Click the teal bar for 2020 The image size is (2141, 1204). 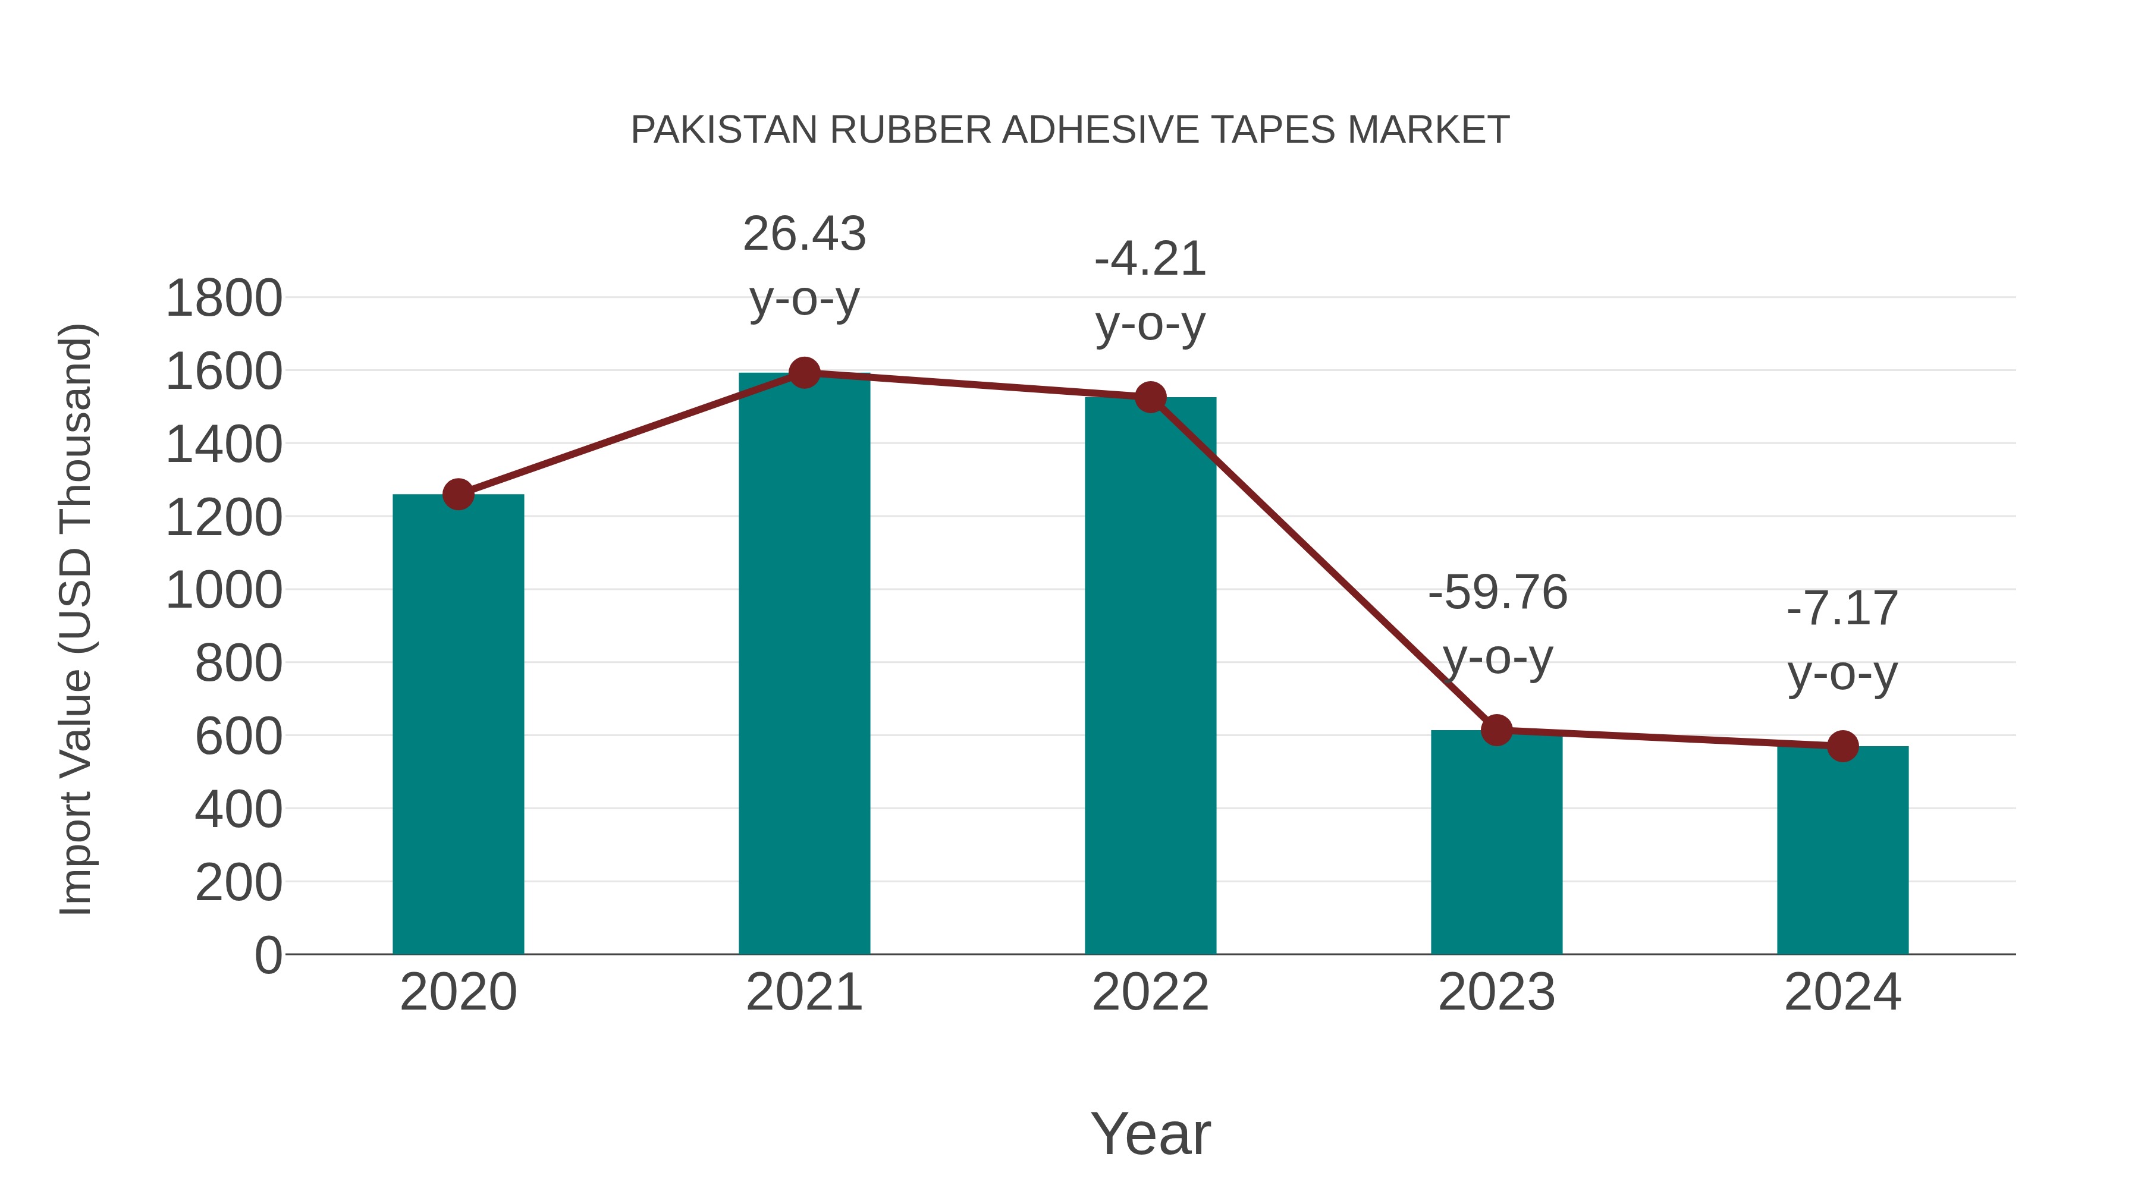point(458,723)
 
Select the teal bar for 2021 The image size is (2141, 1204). point(803,665)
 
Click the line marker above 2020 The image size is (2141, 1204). point(458,495)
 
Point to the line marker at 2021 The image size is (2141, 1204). point(803,373)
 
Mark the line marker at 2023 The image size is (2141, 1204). point(1496,730)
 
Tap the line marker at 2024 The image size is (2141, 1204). point(1842,746)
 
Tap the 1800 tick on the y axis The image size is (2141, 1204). point(224,299)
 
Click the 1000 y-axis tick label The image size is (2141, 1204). point(224,592)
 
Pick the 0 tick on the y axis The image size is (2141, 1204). point(268,955)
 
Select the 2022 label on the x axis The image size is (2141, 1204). point(1150,992)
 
